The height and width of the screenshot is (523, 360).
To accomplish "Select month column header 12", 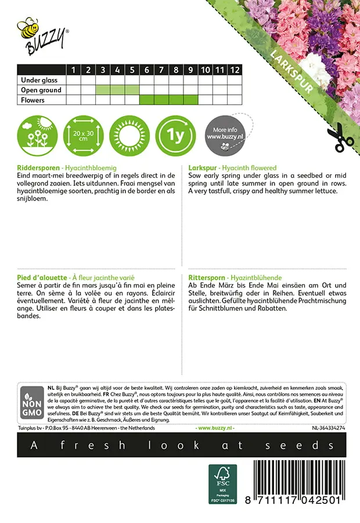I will point(234,70).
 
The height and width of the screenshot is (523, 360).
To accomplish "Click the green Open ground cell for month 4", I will point(117,90).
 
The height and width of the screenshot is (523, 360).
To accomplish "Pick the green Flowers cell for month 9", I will point(190,100).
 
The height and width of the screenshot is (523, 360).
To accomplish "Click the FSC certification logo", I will point(223,484).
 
